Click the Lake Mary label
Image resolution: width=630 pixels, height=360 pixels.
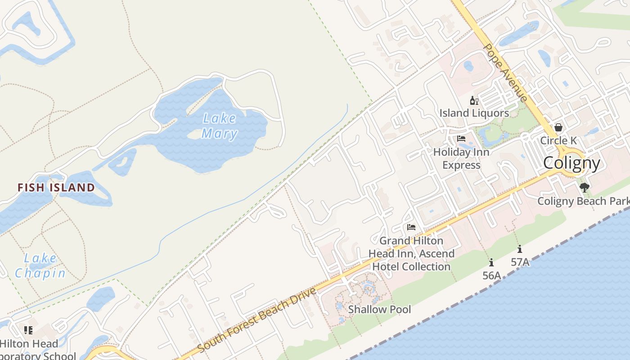[x=219, y=126]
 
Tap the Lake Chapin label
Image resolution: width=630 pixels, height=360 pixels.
[x=40, y=265]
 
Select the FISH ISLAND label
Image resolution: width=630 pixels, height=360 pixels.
[x=56, y=187]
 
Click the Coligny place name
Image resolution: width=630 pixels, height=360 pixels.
[x=571, y=163]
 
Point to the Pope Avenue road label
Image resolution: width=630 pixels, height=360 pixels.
[x=505, y=72]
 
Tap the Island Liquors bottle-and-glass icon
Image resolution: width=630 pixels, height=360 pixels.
[x=473, y=100]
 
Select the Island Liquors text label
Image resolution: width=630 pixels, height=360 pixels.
[x=474, y=113]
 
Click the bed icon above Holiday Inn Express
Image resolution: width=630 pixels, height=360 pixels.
[x=461, y=139]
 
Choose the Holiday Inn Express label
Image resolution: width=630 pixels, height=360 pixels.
[x=461, y=158]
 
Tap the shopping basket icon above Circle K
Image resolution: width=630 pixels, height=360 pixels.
[x=558, y=127]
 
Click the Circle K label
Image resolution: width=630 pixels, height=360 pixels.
[x=558, y=140]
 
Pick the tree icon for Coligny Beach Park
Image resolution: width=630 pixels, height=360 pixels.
[x=584, y=188]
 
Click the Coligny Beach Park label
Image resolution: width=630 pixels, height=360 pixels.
[x=583, y=201]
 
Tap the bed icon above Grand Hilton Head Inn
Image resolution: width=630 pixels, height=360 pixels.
[x=411, y=227]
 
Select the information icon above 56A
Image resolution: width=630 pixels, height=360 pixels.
[x=491, y=262]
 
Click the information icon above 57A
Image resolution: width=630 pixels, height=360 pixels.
[x=520, y=248]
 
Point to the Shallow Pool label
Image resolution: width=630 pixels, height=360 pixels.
[x=380, y=310]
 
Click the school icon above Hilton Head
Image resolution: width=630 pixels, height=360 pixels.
[x=28, y=330]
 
